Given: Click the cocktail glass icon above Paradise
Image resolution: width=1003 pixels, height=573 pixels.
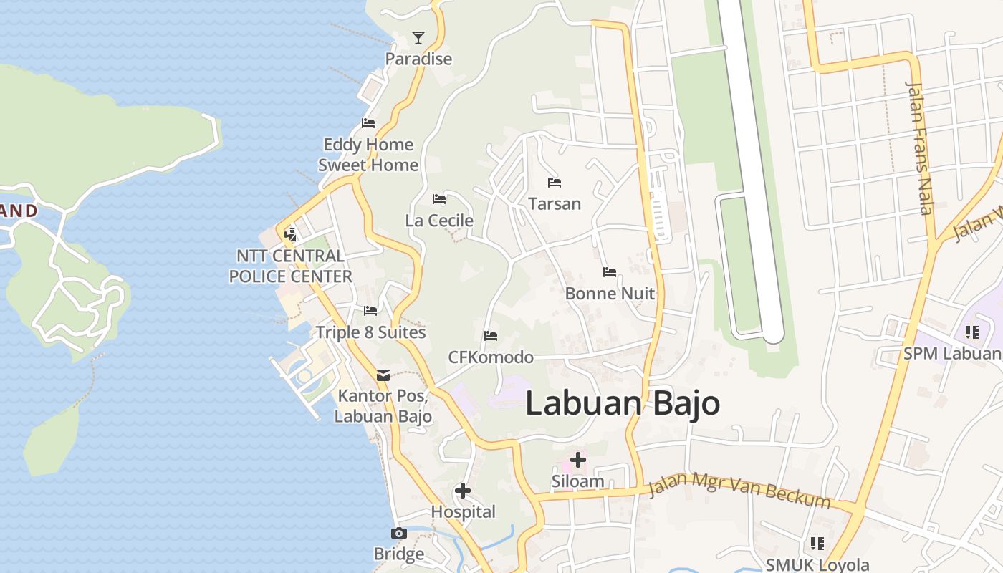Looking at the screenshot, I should pos(418,38).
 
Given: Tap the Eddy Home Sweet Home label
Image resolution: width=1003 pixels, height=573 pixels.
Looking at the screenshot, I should pos(368,155).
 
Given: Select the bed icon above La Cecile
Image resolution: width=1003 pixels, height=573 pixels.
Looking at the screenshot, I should pos(439,198).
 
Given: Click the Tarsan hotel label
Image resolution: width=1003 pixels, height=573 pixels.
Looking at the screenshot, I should pos(555,203).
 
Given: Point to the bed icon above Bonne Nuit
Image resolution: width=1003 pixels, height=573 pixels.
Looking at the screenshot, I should pos(610,272).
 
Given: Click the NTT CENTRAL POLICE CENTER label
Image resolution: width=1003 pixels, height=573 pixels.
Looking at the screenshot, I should pos(290,266).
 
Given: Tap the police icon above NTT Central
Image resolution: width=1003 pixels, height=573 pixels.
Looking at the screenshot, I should pos(290,233).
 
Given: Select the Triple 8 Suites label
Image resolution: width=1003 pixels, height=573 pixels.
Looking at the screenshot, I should pos(371,332).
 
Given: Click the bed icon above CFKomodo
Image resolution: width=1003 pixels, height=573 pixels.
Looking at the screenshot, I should pos(491,335).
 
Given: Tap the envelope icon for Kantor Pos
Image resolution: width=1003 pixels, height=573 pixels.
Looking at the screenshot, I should pos(383,375).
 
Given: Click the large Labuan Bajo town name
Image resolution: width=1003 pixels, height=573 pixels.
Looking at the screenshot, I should pos(623,403).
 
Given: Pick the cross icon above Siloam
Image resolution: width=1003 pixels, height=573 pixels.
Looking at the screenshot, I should pos(577,459).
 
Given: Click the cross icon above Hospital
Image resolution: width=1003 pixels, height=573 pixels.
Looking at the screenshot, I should pos(463,491).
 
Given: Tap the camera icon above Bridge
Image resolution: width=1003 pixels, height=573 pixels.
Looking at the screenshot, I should pos(399,533).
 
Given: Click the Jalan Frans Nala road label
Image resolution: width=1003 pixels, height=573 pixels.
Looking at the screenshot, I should pos(920,148).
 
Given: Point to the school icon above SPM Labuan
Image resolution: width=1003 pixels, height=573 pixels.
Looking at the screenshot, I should pos(971,332).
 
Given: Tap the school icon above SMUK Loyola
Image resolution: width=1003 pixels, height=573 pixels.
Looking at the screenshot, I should pos(817,544).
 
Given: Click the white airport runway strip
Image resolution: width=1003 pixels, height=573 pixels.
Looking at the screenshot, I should pos(749,158).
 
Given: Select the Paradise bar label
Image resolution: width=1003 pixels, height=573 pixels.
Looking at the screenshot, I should pos(418,59).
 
